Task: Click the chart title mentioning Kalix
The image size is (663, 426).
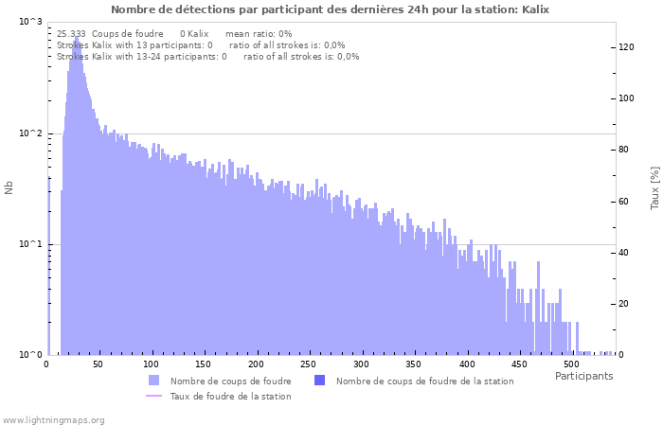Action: click(x=330, y=9)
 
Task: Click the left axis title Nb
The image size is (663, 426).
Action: click(x=9, y=187)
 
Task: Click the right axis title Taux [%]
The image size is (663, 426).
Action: click(x=654, y=187)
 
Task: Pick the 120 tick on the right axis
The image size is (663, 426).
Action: click(x=626, y=47)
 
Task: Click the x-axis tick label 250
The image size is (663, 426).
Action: click(x=308, y=364)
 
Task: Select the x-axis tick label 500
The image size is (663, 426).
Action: click(x=570, y=364)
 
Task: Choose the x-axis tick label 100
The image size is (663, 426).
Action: click(x=151, y=364)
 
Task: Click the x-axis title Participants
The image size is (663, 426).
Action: click(x=583, y=376)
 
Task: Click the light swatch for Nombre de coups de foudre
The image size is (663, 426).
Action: click(x=154, y=381)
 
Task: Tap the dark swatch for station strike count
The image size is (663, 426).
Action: click(x=319, y=381)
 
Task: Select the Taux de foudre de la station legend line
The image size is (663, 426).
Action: click(x=154, y=396)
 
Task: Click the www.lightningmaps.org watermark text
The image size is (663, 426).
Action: click(x=54, y=419)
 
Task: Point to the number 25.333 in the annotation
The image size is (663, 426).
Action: click(x=72, y=33)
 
